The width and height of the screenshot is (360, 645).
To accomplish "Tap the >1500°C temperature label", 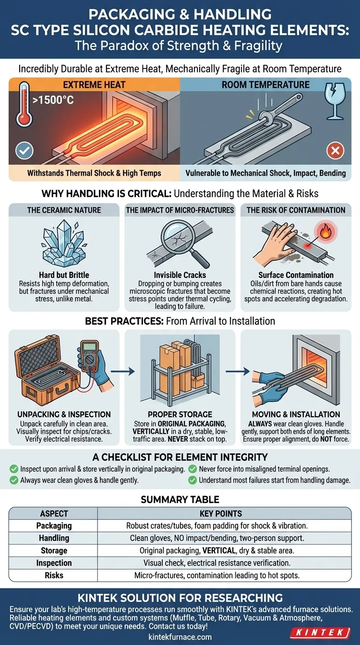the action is (x=53, y=100).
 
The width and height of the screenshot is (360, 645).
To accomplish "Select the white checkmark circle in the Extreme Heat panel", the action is (x=24, y=150).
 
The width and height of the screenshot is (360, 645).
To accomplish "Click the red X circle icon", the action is (x=335, y=150).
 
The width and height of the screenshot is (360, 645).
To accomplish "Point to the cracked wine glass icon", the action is (x=335, y=101).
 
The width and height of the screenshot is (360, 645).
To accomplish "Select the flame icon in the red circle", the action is (x=325, y=232).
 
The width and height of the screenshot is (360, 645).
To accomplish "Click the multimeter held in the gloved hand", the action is (x=90, y=356).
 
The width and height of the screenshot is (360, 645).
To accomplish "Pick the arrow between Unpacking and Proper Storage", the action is (x=123, y=371).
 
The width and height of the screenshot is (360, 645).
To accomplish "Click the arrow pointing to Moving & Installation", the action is (x=237, y=371).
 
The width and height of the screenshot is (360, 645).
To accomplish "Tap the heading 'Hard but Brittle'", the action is (x=64, y=275).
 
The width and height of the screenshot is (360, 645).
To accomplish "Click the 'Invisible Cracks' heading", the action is (x=180, y=275).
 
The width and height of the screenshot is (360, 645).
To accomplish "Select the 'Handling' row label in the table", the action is (x=54, y=538).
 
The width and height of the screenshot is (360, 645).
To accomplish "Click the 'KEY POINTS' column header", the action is (x=221, y=514).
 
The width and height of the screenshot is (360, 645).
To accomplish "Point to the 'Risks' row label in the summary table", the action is (x=54, y=575).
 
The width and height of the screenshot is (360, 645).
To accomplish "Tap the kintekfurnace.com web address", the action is (x=180, y=637).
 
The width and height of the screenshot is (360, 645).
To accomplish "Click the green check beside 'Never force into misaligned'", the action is (x=192, y=469).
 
